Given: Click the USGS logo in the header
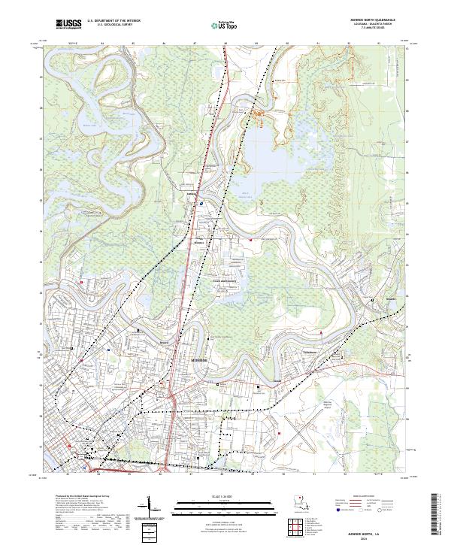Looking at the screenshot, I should [68, 24].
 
